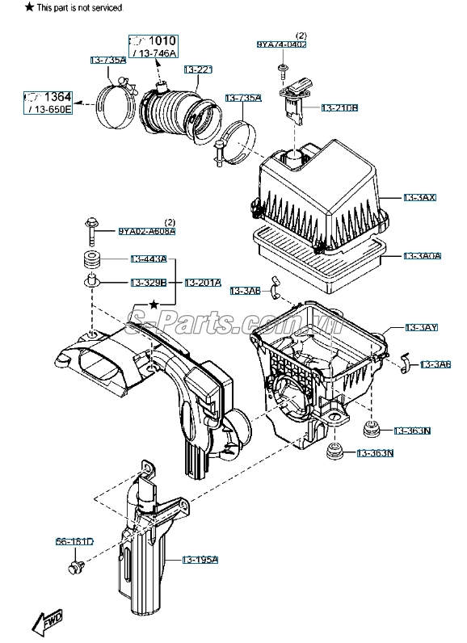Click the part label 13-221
[198, 69]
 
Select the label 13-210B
[340, 107]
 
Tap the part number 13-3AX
[420, 197]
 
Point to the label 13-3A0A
[422, 256]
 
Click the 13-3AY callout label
[420, 327]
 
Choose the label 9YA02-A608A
[146, 232]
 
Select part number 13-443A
[149, 259]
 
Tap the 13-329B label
[149, 283]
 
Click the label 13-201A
[203, 283]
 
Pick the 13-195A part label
[200, 559]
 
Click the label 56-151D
[74, 541]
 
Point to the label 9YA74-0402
[282, 44]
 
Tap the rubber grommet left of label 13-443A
[90, 261]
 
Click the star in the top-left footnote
[7, 7]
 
